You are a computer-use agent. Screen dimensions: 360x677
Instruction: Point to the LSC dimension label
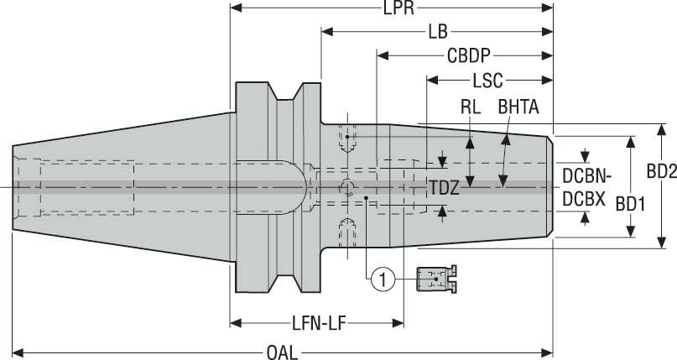click(487, 81)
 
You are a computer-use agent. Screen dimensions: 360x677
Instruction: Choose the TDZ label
click(444, 188)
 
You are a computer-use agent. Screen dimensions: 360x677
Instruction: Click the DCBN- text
click(587, 177)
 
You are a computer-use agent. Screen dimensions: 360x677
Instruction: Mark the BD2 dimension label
click(661, 170)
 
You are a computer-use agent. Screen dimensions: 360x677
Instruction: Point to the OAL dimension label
click(283, 352)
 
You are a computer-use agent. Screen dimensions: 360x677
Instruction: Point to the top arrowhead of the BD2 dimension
click(661, 128)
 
